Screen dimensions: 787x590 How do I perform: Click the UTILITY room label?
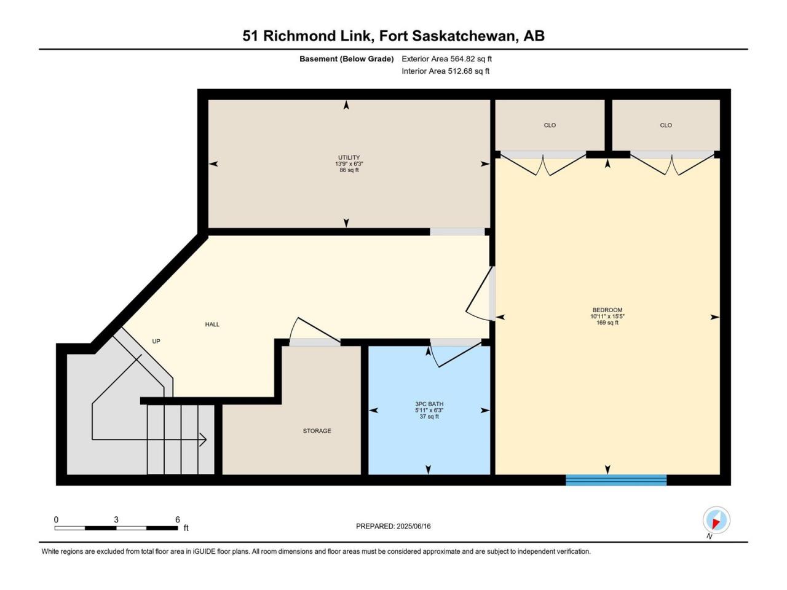point(349,157)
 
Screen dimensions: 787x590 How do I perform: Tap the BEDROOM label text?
point(607,310)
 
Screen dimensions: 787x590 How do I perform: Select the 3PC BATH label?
point(429,404)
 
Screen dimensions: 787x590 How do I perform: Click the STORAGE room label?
point(317,431)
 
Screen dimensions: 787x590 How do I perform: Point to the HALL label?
point(212,324)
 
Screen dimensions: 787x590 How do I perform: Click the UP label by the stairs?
point(156,341)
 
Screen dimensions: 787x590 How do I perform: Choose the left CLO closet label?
point(550,125)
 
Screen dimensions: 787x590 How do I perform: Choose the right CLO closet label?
point(666,125)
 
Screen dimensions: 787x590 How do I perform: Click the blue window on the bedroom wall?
point(616,480)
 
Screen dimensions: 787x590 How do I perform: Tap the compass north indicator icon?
point(716,521)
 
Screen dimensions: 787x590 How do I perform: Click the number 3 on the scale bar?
point(116,519)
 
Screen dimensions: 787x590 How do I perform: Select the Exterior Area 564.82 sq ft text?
point(447,59)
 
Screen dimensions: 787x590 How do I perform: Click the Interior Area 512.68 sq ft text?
point(445,71)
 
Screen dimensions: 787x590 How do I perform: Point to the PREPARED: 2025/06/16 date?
point(393,526)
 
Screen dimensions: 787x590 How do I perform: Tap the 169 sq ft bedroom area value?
point(607,323)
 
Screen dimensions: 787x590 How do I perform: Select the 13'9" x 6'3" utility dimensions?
point(349,163)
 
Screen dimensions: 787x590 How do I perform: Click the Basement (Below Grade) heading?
point(347,59)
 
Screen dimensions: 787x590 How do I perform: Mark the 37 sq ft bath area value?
point(429,416)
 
